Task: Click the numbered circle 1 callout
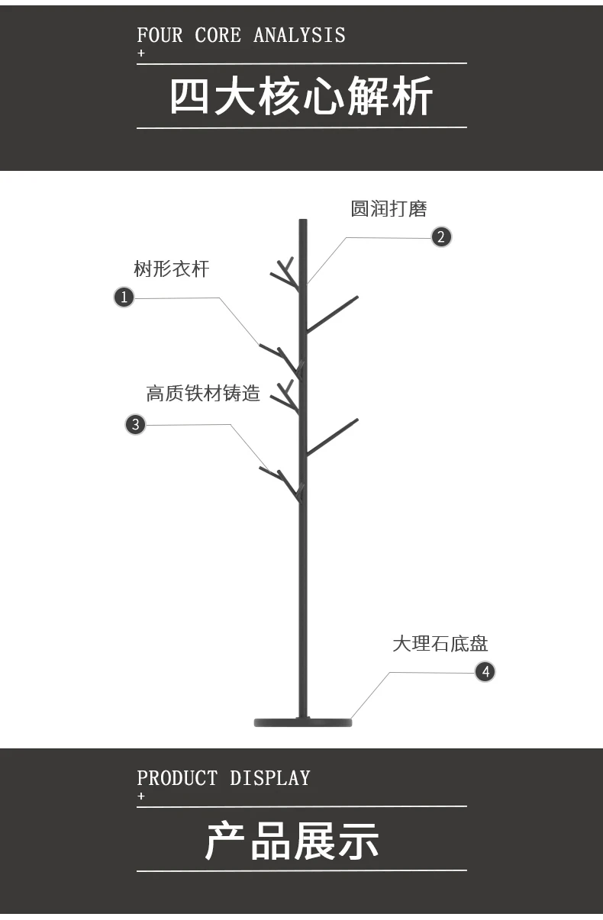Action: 124,297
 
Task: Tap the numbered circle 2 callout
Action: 441,236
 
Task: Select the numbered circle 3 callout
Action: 135,424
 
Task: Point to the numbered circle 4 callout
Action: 485,672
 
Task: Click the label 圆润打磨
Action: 389,209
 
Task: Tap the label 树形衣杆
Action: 171,269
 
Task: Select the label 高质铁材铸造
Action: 203,394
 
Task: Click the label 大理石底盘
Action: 440,644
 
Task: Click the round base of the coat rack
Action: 303,722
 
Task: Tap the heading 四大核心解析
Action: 301,97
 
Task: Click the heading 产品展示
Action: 292,841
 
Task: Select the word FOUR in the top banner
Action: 160,35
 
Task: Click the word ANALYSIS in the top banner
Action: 299,35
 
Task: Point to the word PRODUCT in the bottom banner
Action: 177,778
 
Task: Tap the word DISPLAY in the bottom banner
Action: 270,778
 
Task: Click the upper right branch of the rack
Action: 333,313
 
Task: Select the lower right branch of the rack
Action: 333,436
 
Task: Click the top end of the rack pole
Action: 303,223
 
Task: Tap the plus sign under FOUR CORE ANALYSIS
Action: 140,53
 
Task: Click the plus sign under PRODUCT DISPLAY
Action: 140,796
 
